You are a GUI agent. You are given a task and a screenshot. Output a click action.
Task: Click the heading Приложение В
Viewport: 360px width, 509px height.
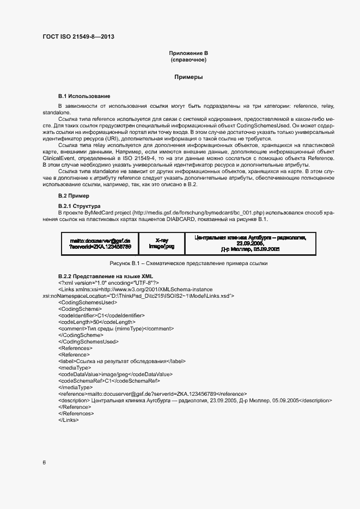tap(188, 53)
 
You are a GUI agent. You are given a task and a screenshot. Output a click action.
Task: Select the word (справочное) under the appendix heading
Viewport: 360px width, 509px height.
tap(188, 60)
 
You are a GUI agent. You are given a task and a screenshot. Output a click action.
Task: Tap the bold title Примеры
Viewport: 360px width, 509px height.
tap(188, 77)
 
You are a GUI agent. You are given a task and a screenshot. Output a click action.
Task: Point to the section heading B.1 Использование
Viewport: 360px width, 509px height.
tap(84, 96)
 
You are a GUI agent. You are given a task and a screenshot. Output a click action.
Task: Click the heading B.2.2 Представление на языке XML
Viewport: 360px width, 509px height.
tap(106, 277)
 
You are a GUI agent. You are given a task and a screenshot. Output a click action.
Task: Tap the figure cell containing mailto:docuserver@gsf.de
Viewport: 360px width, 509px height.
tap(100, 243)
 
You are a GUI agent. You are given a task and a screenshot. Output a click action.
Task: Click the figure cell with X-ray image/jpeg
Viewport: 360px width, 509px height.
tap(161, 243)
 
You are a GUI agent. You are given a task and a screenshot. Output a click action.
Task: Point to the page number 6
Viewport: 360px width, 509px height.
tap(44, 463)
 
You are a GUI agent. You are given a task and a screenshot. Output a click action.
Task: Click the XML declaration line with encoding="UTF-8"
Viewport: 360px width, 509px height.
tap(108, 283)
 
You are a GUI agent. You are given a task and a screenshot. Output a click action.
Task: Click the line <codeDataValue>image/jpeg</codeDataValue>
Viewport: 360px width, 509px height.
tap(115, 374)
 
